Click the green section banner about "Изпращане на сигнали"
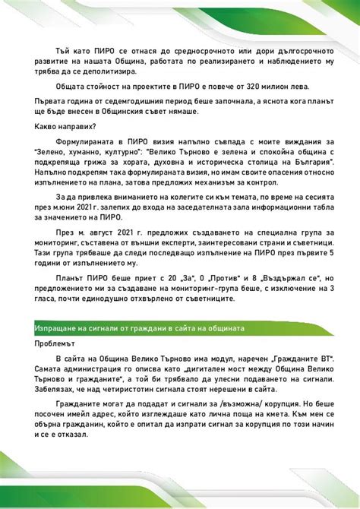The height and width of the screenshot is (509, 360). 179,327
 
